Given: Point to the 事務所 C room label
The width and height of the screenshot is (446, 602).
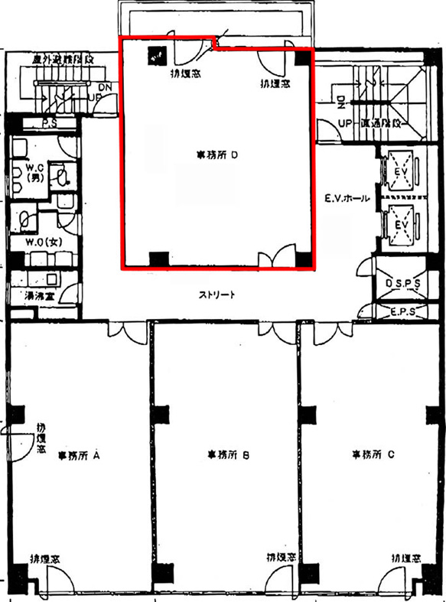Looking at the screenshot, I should [373, 454].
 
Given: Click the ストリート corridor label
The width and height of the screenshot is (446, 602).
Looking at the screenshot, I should [216, 294].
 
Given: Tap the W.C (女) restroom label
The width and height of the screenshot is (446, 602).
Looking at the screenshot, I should [38, 243].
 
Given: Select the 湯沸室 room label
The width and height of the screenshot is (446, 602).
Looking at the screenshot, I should [36, 294].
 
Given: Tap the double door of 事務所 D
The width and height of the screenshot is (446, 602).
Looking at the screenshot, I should [275, 257].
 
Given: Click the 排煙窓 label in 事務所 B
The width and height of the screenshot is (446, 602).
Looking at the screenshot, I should [282, 558].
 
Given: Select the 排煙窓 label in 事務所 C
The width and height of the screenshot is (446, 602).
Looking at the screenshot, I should [406, 558].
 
